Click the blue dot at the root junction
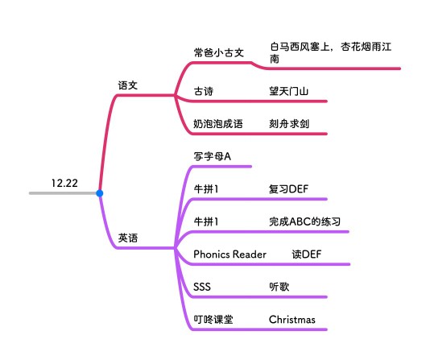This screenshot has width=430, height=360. point(100,193)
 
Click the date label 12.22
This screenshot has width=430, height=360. point(64,183)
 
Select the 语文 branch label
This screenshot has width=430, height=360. point(128,85)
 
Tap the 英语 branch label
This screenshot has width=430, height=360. point(128,238)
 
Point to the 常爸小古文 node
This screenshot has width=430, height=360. point(219,52)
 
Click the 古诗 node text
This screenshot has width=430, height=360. point(204,91)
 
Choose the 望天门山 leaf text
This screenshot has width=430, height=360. point(289,91)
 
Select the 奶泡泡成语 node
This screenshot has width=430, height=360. point(218,124)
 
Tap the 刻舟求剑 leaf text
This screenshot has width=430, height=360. point(289,124)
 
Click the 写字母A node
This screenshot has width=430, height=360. point(213,156)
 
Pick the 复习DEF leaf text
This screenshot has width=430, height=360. point(288,189)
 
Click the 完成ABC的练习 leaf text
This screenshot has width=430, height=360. point(304,221)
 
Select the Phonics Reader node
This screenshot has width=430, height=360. point(229,254)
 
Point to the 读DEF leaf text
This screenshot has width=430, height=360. point(307,254)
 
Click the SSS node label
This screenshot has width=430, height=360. point(202,287)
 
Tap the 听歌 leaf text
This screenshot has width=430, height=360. point(279,287)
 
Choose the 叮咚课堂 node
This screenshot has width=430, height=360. point(213,320)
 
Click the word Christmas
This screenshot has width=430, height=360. point(292,320)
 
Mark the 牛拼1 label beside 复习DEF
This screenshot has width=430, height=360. point(206,189)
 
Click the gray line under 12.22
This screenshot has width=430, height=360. point(63,193)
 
